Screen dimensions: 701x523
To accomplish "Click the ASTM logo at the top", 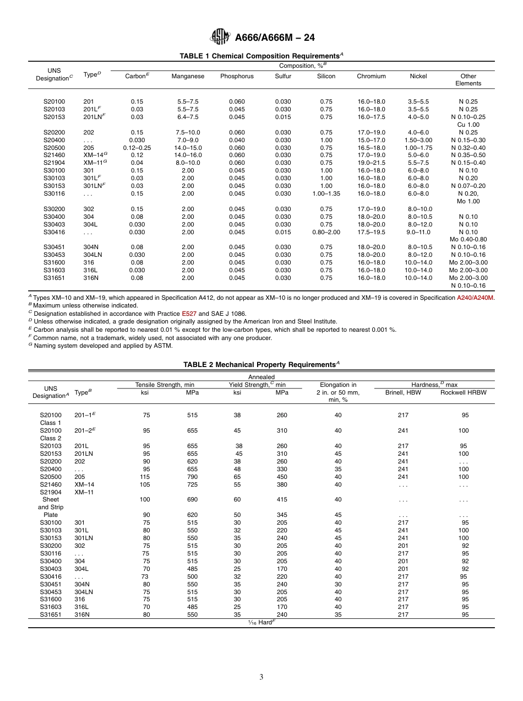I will point(220,37).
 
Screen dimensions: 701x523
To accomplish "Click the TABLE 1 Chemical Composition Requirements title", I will point(261,56).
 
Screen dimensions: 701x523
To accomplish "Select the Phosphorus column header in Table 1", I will point(237,77).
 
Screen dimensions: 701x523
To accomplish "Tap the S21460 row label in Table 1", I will point(54,155).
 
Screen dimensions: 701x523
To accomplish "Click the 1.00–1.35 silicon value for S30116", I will point(326,194).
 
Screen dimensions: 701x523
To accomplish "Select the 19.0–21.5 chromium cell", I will point(372,163).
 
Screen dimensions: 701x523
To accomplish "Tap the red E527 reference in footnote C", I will point(188,314).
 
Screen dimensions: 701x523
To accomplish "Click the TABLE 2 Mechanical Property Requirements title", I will point(261,364).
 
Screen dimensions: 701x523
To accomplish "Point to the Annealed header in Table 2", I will point(261,377).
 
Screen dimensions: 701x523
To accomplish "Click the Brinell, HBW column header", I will point(403,392).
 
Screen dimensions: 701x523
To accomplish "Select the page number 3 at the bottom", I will point(261,677).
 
